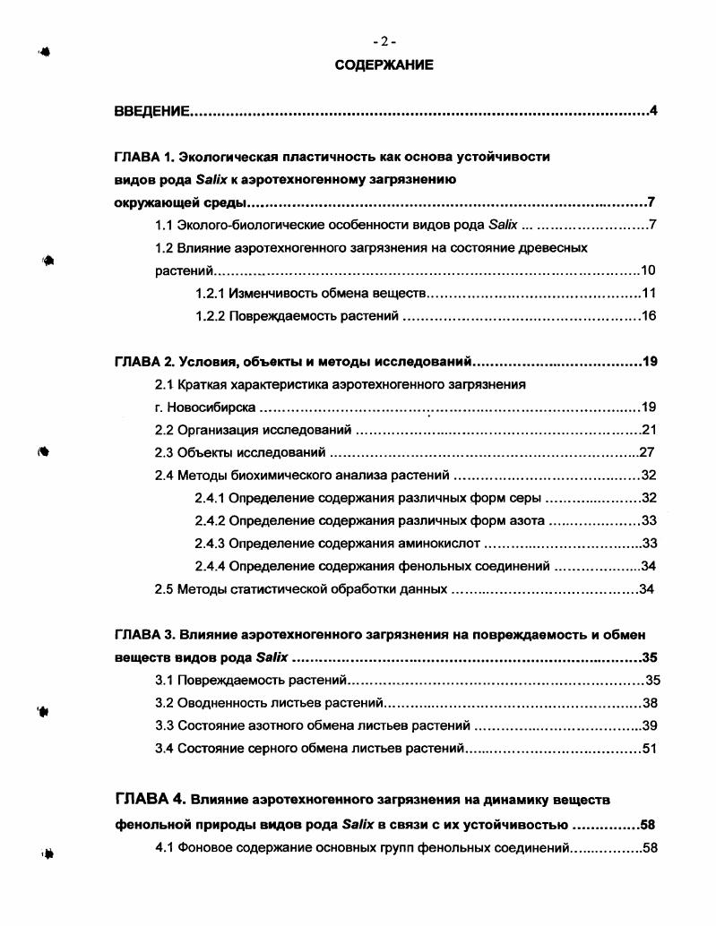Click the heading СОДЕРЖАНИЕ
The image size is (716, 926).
(x=384, y=64)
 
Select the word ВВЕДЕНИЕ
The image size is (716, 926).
(x=151, y=112)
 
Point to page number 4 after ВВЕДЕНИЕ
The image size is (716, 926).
(x=654, y=112)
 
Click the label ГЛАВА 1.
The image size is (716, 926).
(x=142, y=157)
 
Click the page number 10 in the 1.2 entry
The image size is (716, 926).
(x=650, y=270)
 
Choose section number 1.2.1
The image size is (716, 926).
(x=210, y=293)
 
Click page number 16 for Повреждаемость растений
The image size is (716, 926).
(x=650, y=316)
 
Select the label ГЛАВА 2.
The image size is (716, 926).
(x=143, y=362)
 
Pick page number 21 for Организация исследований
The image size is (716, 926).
(x=650, y=430)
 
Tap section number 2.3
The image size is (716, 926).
(x=164, y=452)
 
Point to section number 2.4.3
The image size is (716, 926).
(x=210, y=544)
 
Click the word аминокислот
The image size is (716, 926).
(x=444, y=544)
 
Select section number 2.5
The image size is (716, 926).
(x=164, y=589)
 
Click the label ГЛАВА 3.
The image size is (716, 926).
(x=143, y=635)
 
